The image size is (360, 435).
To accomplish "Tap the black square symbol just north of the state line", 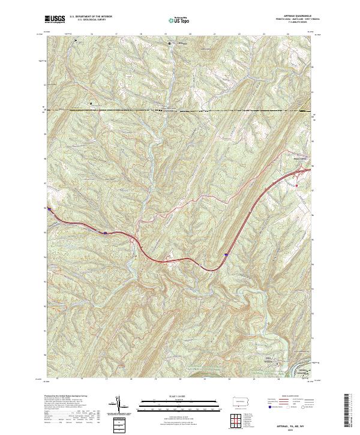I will [x=91, y=103].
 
